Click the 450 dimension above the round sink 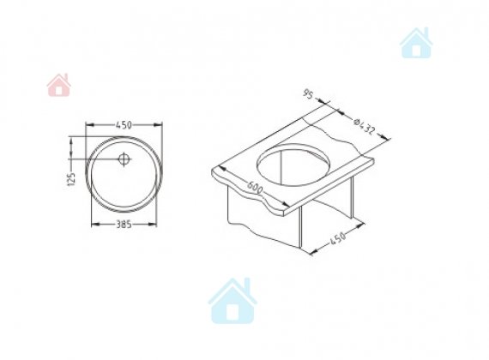coord(124,125)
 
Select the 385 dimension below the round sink coord(124,224)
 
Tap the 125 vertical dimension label coord(72,179)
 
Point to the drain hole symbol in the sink coord(124,159)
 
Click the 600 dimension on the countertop coord(255,187)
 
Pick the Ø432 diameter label coord(364,126)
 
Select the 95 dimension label coord(308,93)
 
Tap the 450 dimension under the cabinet coord(337,239)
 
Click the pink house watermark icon coord(58,85)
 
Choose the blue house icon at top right coord(416,43)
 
